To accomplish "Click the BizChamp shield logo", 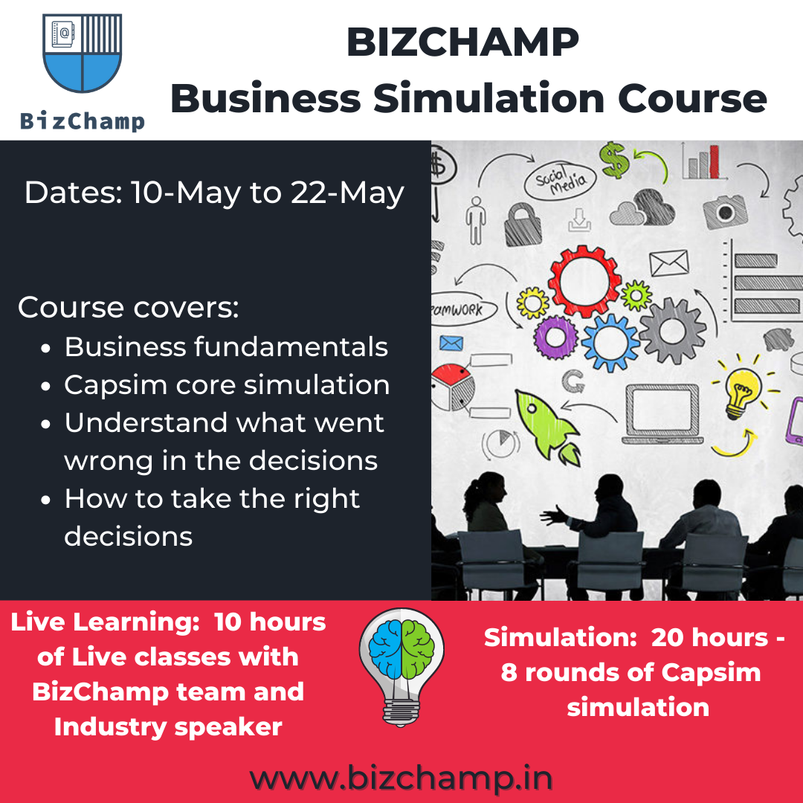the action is point(83,53).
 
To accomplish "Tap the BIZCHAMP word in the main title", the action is point(462,42).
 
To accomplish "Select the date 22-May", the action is point(348,193).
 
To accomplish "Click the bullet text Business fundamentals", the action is point(226,346).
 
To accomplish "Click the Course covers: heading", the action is point(129,308).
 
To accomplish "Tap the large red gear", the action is point(584,281).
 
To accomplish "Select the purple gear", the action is point(555,337).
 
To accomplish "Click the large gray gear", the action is point(672,331).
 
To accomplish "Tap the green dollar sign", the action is point(614,161).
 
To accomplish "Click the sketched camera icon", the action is point(725,211).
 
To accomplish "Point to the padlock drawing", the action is point(523,225).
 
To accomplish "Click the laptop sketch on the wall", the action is point(662,414).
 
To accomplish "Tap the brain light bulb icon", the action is point(401,667).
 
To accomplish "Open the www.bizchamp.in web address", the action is point(401,778).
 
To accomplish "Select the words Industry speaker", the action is point(168,727).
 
